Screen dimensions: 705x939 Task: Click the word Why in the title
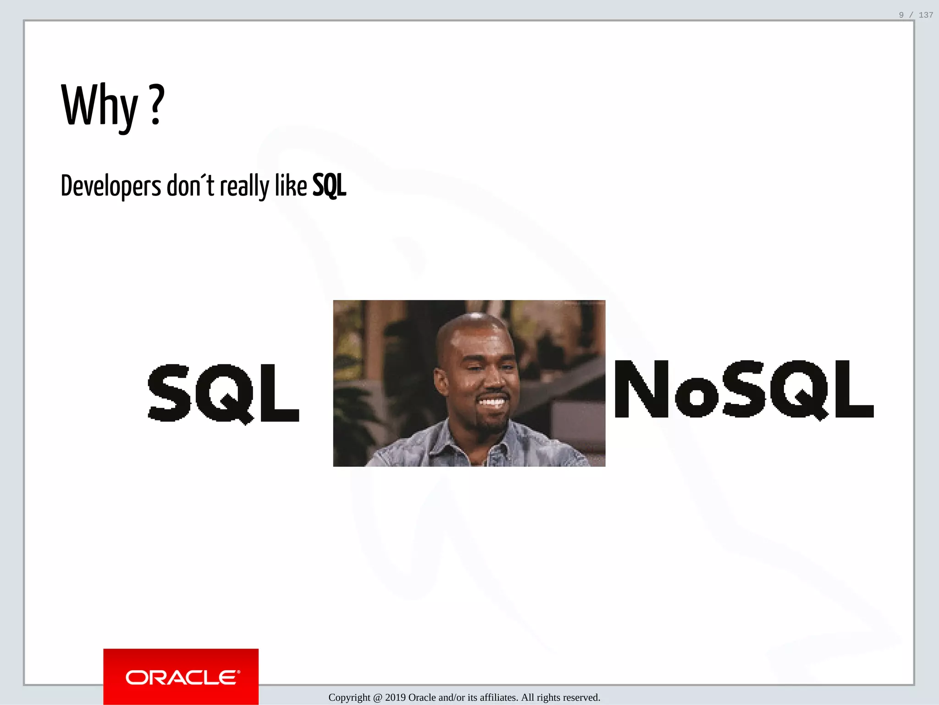click(99, 106)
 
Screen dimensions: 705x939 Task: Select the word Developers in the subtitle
click(111, 186)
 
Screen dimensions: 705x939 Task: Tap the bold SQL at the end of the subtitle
click(329, 186)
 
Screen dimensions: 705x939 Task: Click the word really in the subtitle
click(244, 186)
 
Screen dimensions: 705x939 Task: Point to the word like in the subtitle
click(291, 185)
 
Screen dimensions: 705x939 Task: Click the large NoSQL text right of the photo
click(744, 390)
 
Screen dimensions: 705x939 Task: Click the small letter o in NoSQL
click(696, 397)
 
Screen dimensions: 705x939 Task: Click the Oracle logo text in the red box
click(182, 678)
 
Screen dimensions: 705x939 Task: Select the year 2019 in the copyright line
click(395, 698)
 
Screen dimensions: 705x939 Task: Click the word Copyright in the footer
click(349, 698)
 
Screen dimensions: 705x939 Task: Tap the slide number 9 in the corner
click(901, 15)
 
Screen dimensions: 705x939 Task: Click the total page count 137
click(926, 15)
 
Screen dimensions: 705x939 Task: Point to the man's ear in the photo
click(441, 381)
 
